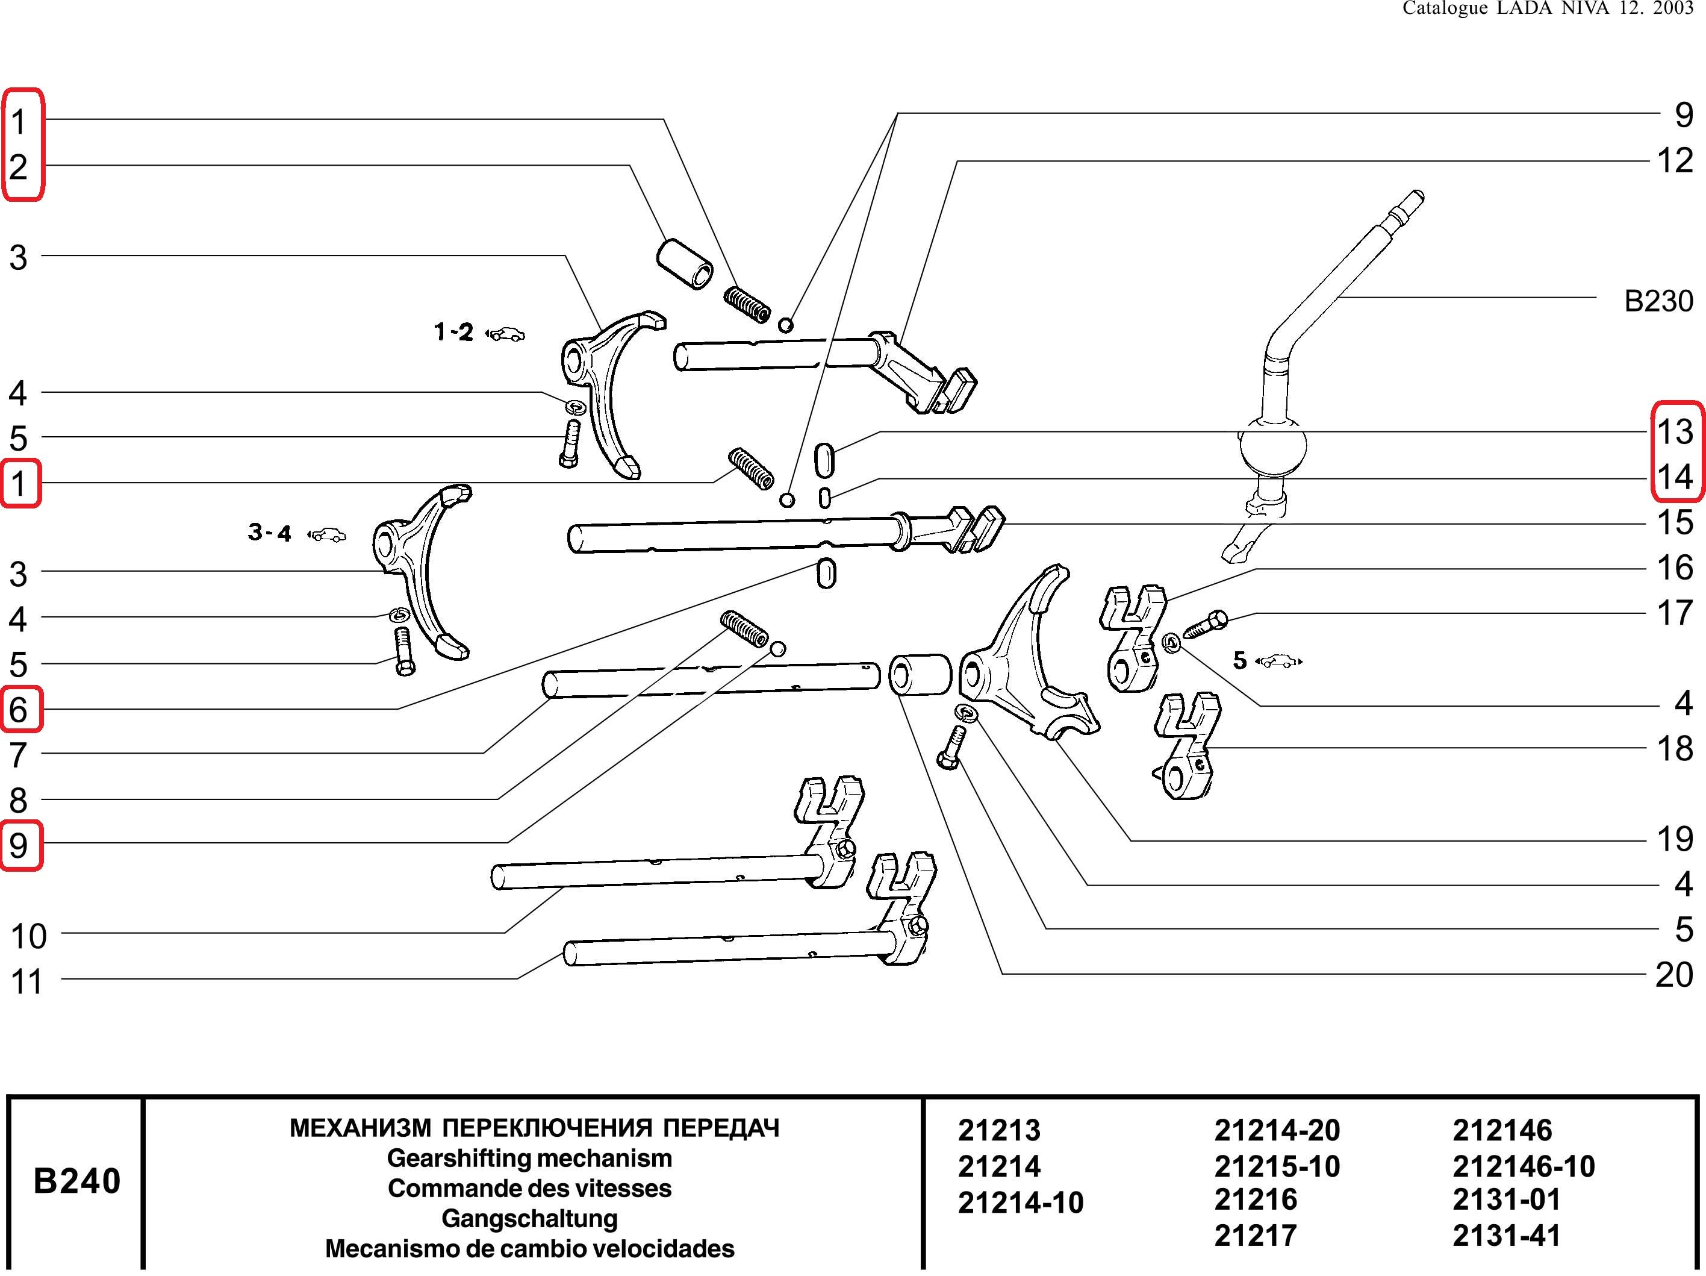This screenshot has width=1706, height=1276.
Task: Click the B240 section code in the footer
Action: click(77, 1181)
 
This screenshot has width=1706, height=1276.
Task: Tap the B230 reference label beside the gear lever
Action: click(1658, 300)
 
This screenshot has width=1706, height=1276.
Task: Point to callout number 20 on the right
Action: click(1673, 974)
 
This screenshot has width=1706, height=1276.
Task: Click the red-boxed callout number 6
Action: click(19, 709)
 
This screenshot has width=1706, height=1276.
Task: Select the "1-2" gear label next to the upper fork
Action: click(453, 333)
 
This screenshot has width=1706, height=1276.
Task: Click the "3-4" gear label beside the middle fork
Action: click(269, 533)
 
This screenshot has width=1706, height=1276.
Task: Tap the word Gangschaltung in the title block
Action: click(529, 1218)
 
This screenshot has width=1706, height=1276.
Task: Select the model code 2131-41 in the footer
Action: click(1505, 1235)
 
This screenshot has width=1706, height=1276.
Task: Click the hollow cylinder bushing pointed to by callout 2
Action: click(684, 264)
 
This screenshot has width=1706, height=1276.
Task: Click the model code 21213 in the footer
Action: click(999, 1130)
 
